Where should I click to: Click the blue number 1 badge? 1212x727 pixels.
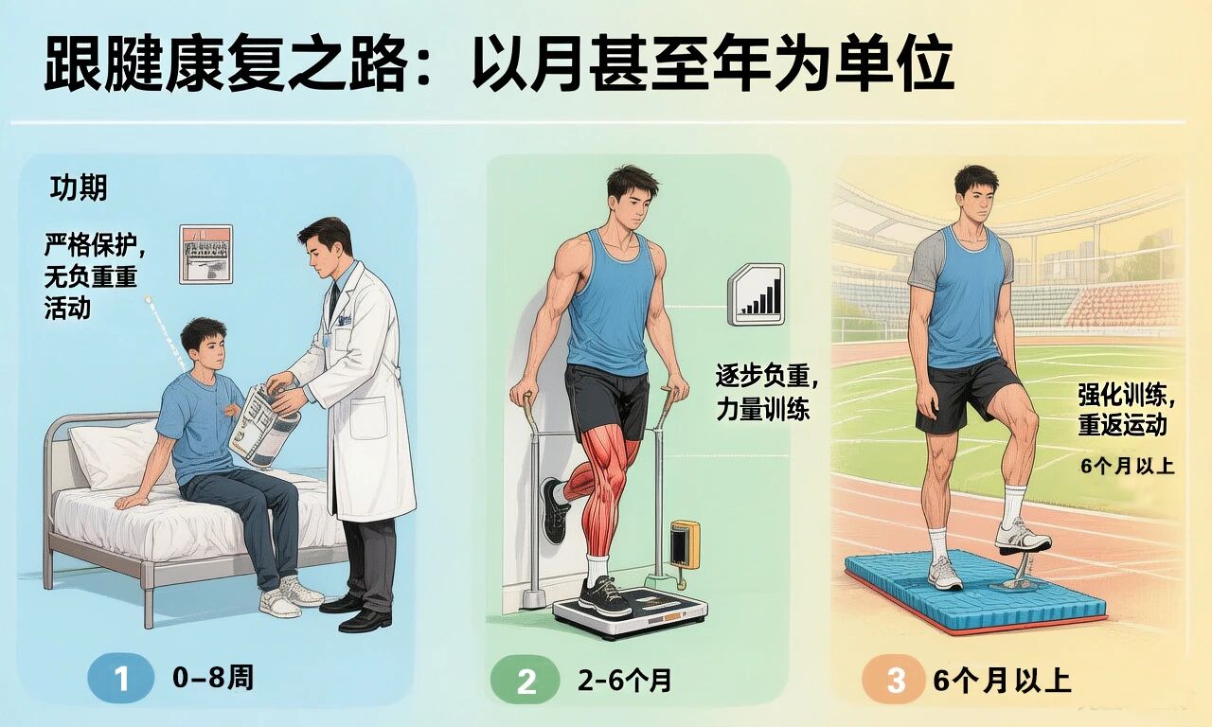[x=120, y=678]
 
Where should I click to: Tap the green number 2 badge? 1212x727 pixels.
[x=525, y=681]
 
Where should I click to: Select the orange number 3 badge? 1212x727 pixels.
[x=895, y=680]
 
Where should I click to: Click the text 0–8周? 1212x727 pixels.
[x=213, y=678]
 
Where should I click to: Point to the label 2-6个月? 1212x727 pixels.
[x=624, y=681]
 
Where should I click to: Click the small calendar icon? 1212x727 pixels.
[x=206, y=255]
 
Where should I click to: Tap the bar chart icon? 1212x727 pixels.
[x=756, y=294]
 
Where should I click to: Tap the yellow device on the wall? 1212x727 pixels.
[x=685, y=544]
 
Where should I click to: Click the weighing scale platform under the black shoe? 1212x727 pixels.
[x=630, y=611]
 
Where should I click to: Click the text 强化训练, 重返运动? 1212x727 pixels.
[x=1126, y=410]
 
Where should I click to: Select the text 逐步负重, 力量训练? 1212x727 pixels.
[x=767, y=393]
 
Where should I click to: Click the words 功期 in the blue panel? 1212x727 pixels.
[x=79, y=187]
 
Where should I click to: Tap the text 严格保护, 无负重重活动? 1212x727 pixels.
[x=96, y=277]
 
